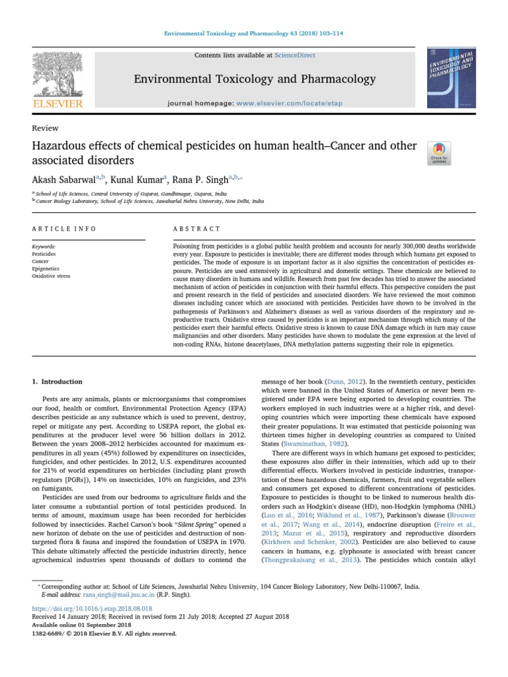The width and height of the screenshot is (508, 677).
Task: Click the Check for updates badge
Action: pyautogui.click(x=440, y=153)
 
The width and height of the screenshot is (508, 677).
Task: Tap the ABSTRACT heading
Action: pyautogui.click(x=196, y=229)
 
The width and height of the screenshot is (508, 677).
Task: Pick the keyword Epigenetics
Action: pyautogui.click(x=45, y=269)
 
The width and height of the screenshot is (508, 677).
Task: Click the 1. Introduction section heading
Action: pyautogui.click(x=58, y=381)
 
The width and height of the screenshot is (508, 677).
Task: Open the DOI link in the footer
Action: pyautogui.click(x=92, y=608)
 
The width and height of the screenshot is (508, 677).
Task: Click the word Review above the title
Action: pyautogui.click(x=45, y=128)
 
